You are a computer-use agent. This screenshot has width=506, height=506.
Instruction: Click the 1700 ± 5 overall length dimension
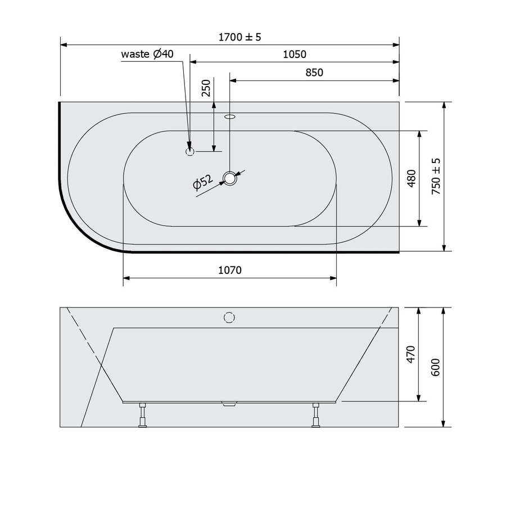pyautogui.click(x=241, y=37)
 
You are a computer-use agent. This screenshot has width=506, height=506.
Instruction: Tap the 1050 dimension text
pyautogui.click(x=294, y=55)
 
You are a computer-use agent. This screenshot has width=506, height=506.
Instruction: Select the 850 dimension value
pyautogui.click(x=314, y=73)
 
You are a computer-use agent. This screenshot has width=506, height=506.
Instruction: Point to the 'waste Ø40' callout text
pyautogui.click(x=147, y=54)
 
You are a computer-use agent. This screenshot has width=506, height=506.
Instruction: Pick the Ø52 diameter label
pyautogui.click(x=202, y=184)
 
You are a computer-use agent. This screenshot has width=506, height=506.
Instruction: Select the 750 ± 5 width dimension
pyautogui.click(x=436, y=176)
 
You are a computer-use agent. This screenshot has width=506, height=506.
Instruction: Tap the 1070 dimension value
pyautogui.click(x=229, y=270)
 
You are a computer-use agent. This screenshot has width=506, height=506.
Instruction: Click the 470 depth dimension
pyautogui.click(x=410, y=354)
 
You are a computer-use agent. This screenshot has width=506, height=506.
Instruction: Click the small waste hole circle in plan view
pyautogui.click(x=190, y=151)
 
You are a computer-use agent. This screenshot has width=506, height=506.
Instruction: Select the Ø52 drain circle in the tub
pyautogui.click(x=230, y=179)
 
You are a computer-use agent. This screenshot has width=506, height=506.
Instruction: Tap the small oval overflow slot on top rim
pyautogui.click(x=230, y=118)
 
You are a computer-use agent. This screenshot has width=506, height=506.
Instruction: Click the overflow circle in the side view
pyautogui.click(x=229, y=318)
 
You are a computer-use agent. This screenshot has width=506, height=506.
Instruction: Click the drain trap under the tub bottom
pyautogui.click(x=230, y=404)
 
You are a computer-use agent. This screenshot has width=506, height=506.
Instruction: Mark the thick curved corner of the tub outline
pyautogui.click(x=79, y=225)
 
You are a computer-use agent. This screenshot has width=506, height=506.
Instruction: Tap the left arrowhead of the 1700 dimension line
pyautogui.click(x=64, y=44)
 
